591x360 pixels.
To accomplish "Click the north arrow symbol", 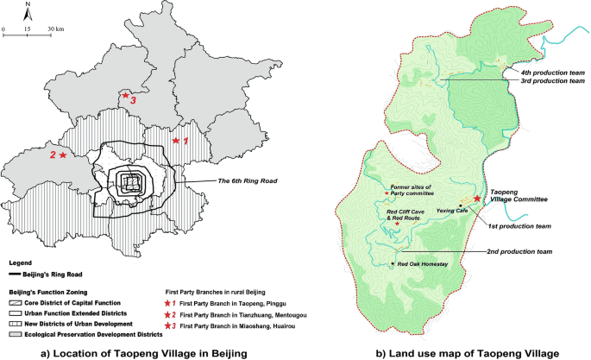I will click(28, 13).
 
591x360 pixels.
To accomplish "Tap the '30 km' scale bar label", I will click(55, 29).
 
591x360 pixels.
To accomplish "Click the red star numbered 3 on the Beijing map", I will click(125, 96).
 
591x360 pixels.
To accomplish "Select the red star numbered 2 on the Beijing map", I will click(62, 155).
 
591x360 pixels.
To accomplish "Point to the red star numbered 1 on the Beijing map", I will click(176, 140).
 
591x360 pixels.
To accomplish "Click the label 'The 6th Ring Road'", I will click(229, 180).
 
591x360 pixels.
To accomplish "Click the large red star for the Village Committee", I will click(478, 199).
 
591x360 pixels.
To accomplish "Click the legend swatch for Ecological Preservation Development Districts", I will click(14, 332).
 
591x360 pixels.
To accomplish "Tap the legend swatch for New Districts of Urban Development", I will click(14, 322).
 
